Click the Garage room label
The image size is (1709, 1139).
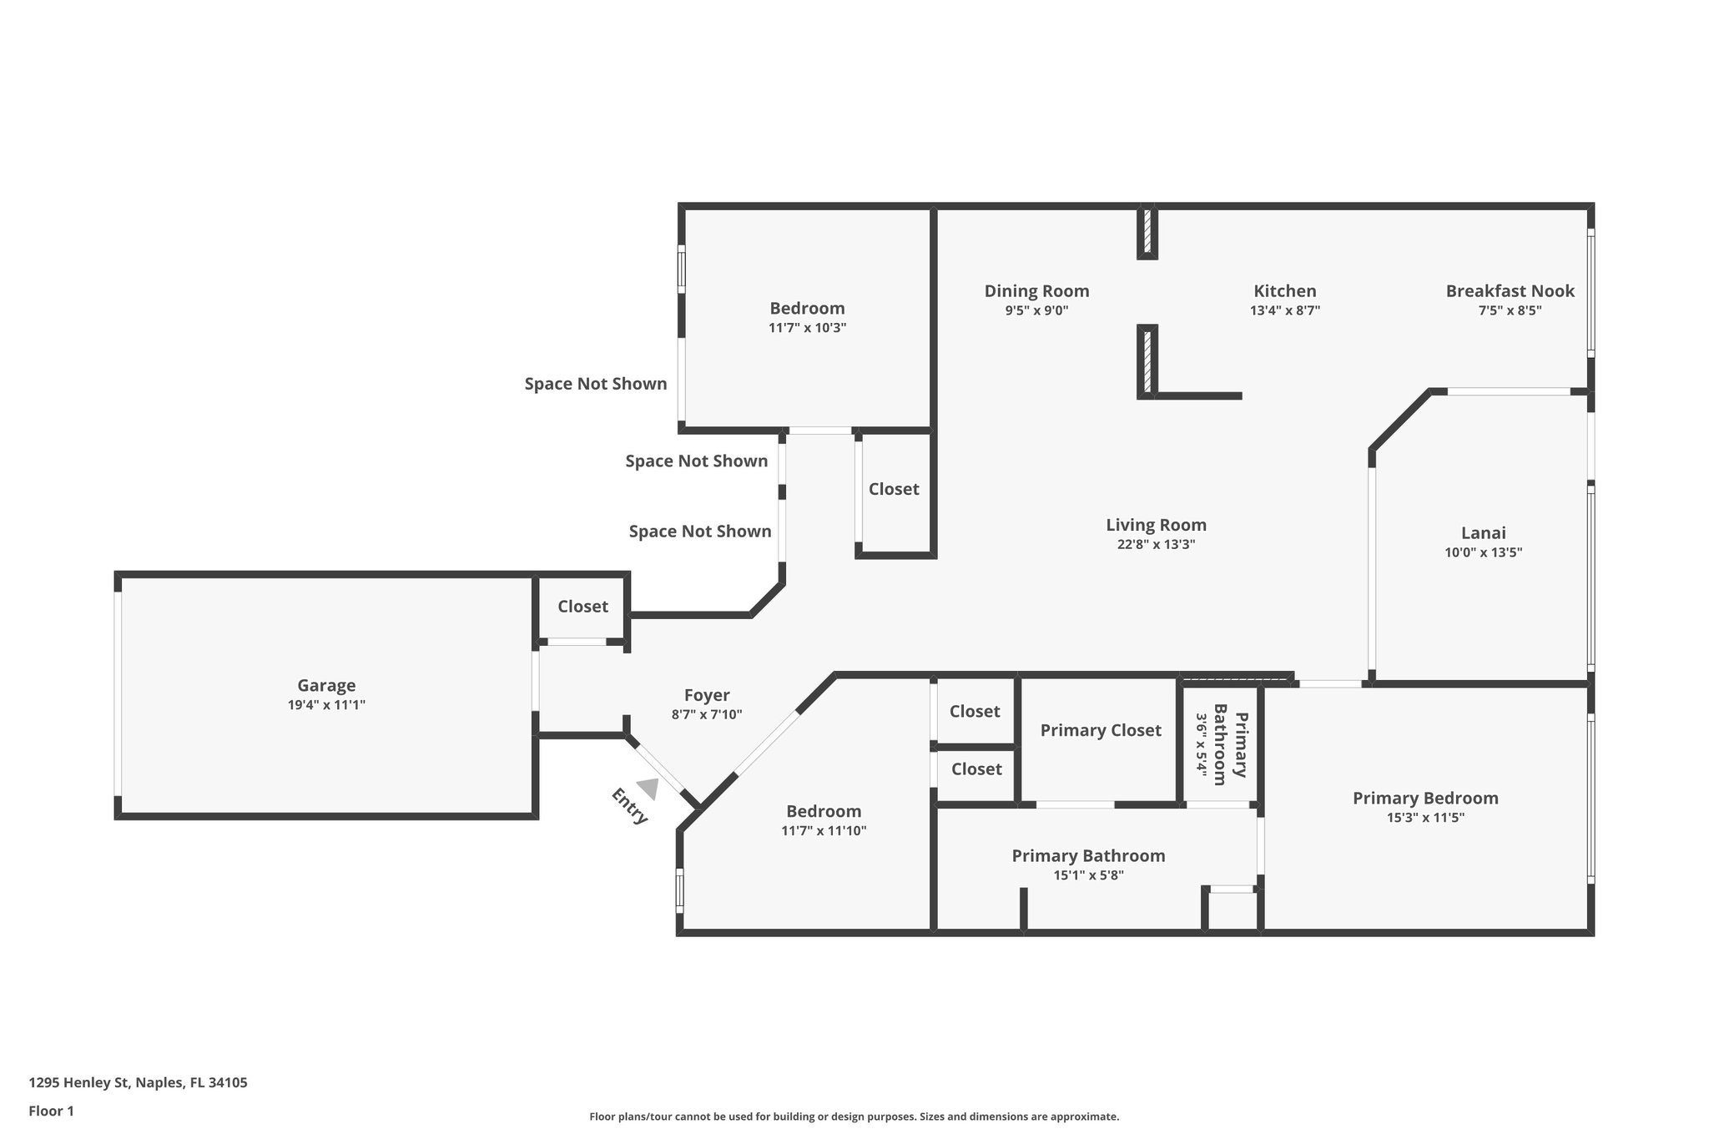tap(326, 685)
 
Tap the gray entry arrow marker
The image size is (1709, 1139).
tap(648, 788)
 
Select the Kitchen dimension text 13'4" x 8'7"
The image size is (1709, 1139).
tap(1284, 310)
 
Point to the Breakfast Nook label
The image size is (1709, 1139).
tap(1510, 291)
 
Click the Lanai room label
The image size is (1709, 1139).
tap(1483, 532)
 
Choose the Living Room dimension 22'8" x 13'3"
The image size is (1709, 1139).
tap(1156, 544)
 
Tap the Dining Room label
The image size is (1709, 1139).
tap(1036, 291)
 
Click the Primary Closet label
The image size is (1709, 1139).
tap(1100, 730)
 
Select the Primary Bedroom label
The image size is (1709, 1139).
tap(1424, 798)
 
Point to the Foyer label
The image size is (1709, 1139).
tap(706, 695)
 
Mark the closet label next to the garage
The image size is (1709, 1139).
tap(582, 607)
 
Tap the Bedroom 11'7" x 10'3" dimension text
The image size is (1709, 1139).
tap(807, 328)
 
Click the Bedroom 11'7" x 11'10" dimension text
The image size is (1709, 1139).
tap(824, 830)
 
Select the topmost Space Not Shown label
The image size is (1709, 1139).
tap(595, 384)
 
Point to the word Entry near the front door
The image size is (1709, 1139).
tap(629, 806)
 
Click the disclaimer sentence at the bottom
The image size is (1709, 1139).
tap(854, 1116)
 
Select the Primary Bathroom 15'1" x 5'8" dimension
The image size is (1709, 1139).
tap(1088, 875)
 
